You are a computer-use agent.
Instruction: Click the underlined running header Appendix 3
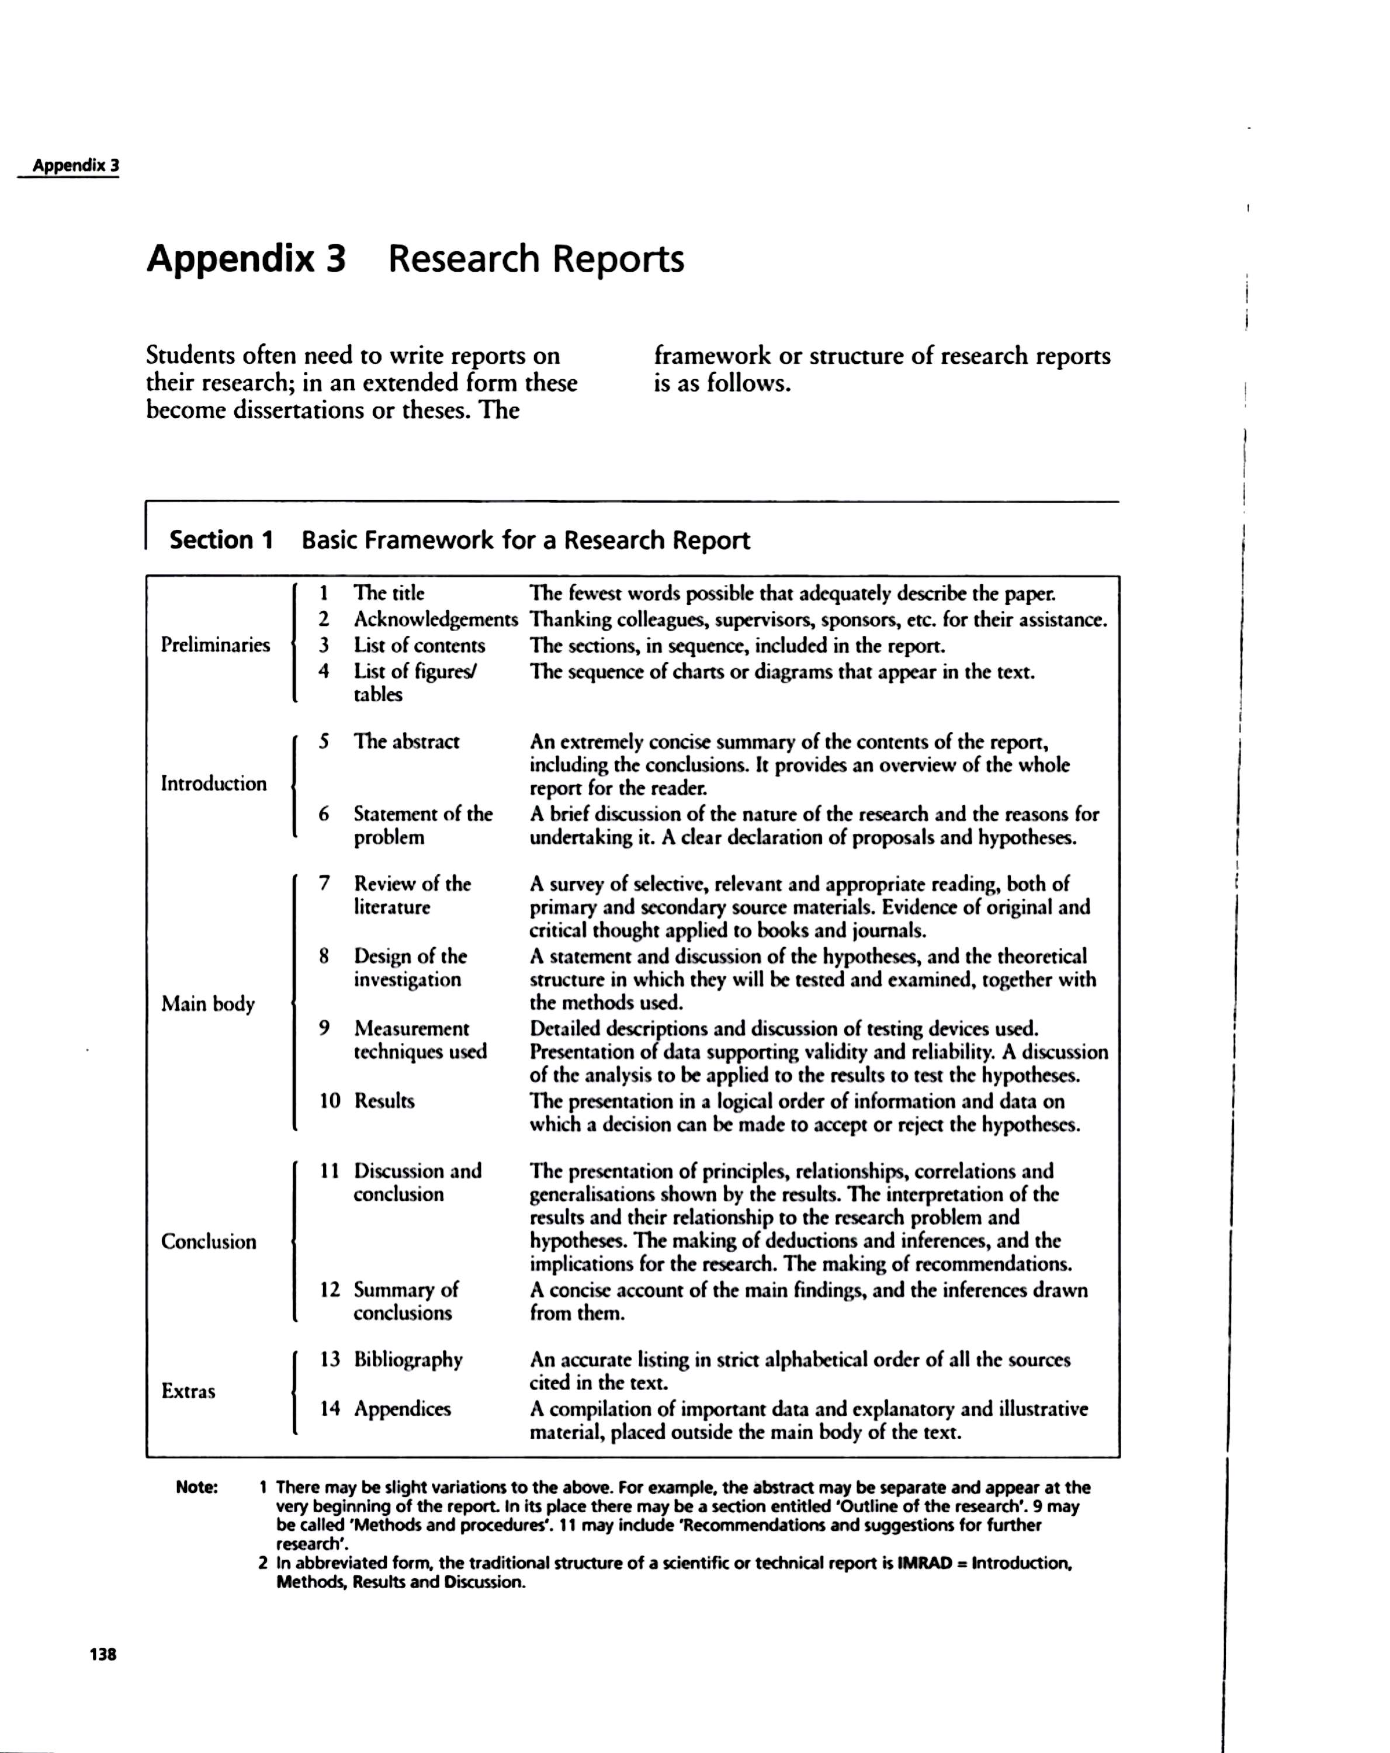click(75, 166)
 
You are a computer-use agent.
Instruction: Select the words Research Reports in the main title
click(536, 259)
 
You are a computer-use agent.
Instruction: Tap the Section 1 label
click(221, 540)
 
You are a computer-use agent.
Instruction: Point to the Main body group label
click(208, 1003)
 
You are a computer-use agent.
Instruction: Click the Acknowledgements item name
click(436, 619)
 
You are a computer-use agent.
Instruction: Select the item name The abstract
click(407, 742)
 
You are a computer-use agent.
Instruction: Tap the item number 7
click(324, 883)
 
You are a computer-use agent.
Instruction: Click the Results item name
click(384, 1101)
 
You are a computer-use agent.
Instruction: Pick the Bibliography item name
click(408, 1360)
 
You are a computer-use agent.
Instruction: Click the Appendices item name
click(403, 1408)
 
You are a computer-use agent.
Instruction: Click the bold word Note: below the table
click(197, 1487)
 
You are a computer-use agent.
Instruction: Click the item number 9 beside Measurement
click(324, 1028)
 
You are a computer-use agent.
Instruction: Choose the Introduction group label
click(214, 784)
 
